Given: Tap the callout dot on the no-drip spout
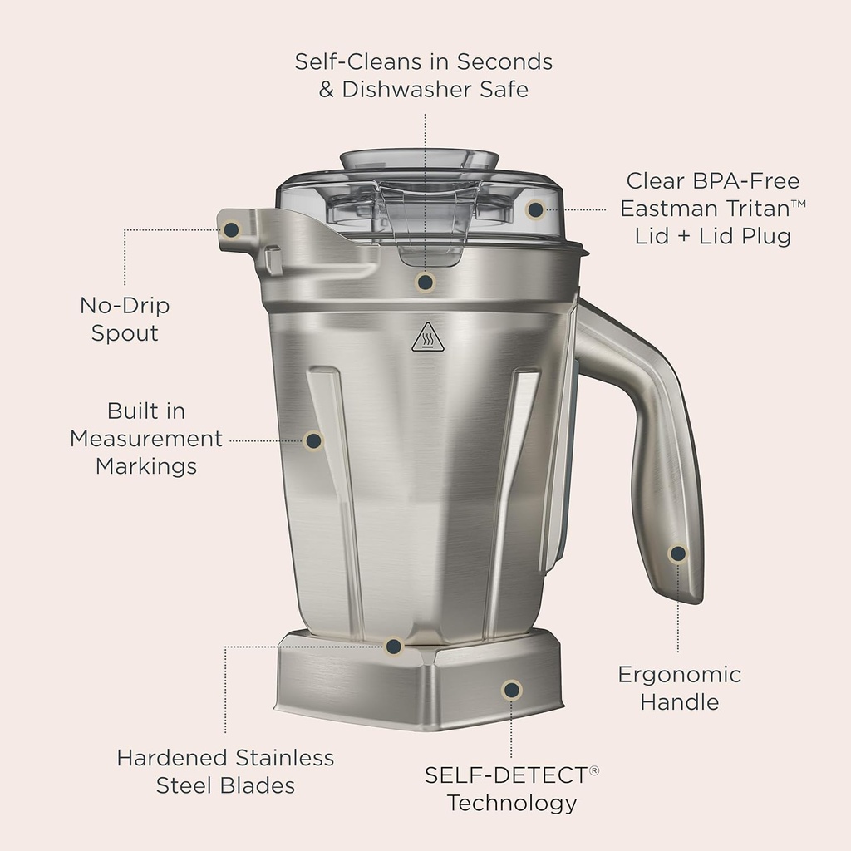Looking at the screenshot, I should tap(231, 229).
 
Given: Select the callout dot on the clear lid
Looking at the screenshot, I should tap(535, 209).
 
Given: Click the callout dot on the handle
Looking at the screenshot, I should tap(678, 553).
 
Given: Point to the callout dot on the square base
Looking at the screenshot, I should tap(512, 689).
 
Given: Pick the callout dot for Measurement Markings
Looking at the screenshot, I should tap(313, 440).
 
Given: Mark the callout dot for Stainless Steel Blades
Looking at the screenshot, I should tap(395, 646).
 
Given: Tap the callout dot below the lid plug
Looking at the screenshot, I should tap(425, 283).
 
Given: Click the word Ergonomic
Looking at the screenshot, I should tap(679, 674).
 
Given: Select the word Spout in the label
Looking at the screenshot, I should tap(125, 333).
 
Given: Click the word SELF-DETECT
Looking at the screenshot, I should tap(505, 775).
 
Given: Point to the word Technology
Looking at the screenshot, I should tap(511, 803).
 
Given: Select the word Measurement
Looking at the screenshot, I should tap(146, 438).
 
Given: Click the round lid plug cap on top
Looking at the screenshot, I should tap(420, 158).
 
